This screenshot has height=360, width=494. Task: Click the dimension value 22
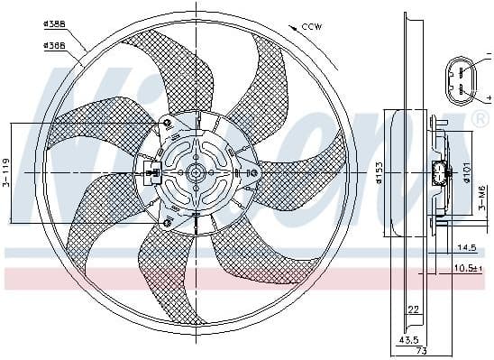(x=413, y=309)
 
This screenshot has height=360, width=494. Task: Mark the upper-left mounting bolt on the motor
(x=166, y=123)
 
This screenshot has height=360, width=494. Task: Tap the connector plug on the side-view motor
(x=441, y=173)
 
